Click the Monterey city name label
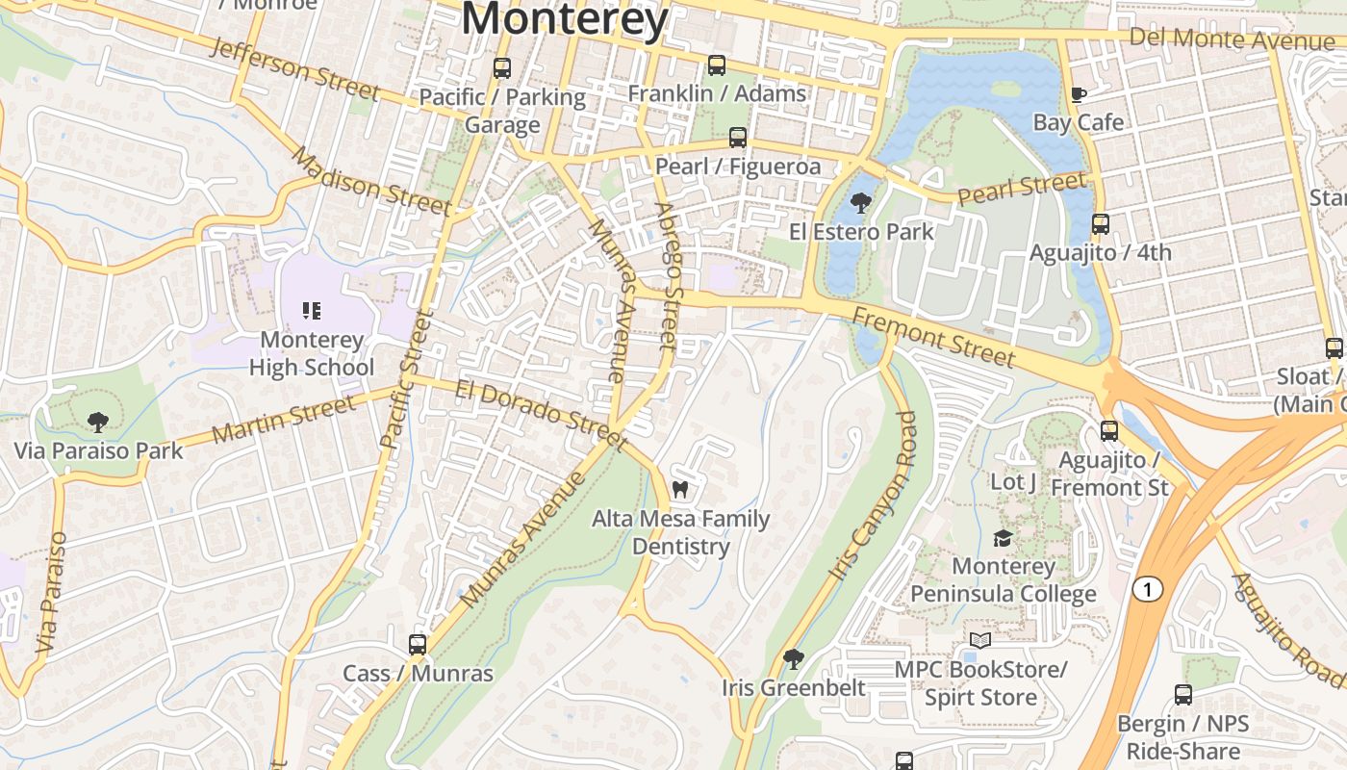tap(565, 19)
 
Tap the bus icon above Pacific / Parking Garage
tap(501, 68)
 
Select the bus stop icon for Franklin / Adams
tap(716, 65)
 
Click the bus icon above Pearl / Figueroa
tap(738, 138)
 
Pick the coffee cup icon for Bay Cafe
tap(1078, 94)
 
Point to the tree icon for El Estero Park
tap(860, 203)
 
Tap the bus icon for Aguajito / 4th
tap(1100, 224)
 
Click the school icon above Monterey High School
tap(311, 310)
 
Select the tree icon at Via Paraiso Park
tap(97, 422)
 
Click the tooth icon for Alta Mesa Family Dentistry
tap(680, 489)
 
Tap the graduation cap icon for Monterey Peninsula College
tap(1003, 538)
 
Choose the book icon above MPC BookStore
tap(979, 640)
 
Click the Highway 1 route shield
tap(1146, 589)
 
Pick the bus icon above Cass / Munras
tap(417, 644)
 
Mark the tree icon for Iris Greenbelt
tap(793, 659)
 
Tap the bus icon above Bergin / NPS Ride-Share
tap(1182, 694)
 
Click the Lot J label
tap(1013, 481)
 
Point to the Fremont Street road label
tap(932, 338)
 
